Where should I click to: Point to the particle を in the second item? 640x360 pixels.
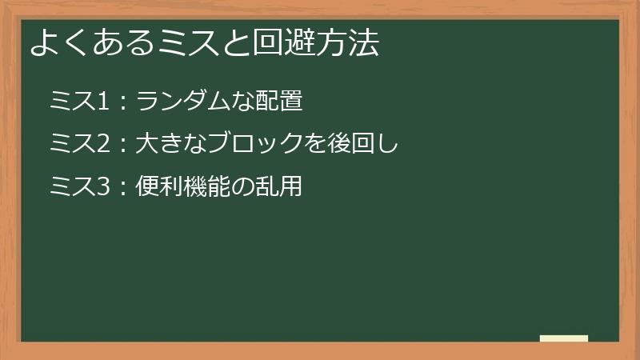click(314, 145)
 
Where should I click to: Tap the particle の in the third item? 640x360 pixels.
click(245, 188)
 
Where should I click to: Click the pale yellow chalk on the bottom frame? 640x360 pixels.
click(563, 338)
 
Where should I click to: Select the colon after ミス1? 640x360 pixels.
click(123, 102)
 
